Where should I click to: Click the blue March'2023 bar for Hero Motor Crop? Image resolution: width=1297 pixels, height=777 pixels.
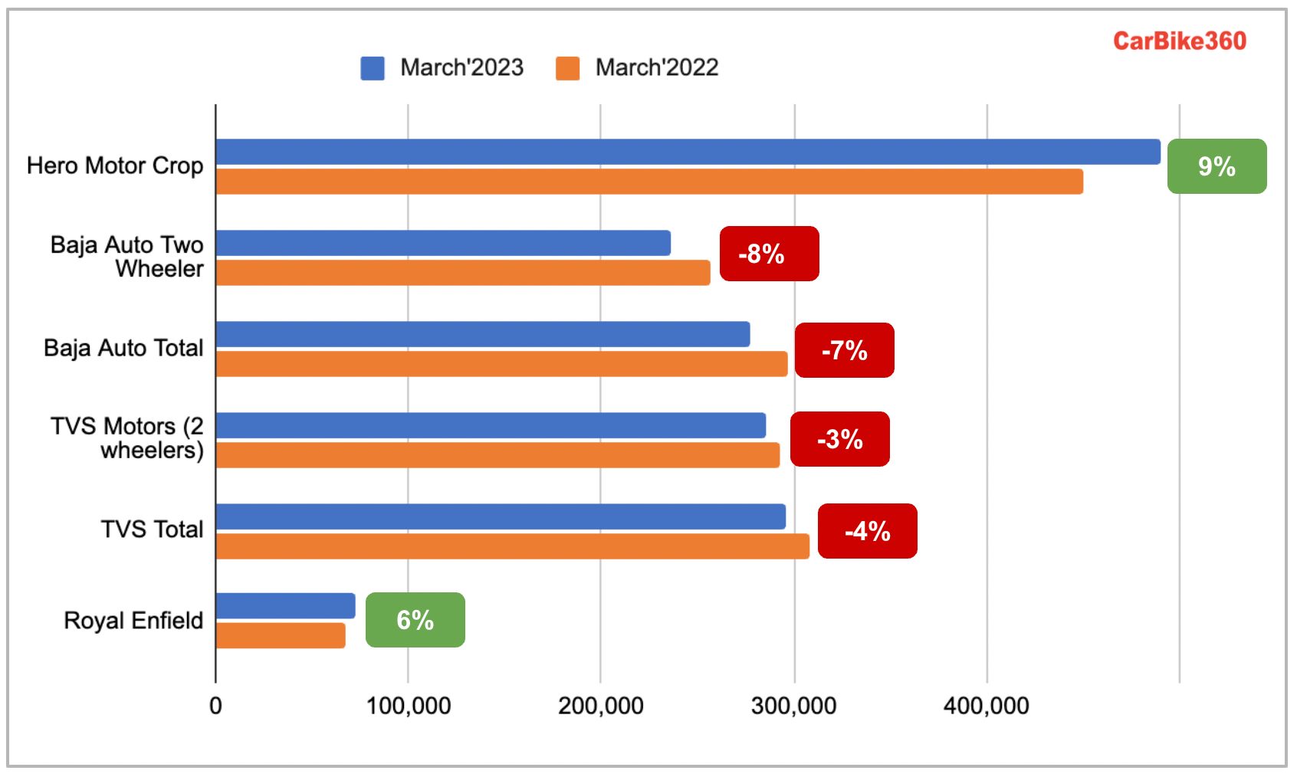pos(688,152)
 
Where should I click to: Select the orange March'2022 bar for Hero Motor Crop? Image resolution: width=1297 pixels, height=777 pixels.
pos(649,182)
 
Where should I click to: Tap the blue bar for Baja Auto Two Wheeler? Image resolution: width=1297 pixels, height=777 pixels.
pos(443,243)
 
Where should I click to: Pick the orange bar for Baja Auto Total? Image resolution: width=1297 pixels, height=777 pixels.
pos(501,364)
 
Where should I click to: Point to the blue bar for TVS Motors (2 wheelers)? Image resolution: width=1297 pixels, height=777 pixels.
pos(491,425)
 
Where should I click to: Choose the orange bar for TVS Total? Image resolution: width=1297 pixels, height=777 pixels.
pos(512,546)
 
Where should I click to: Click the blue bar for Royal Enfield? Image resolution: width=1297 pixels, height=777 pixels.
pos(285,605)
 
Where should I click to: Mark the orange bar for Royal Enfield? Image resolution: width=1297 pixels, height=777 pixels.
pos(281,635)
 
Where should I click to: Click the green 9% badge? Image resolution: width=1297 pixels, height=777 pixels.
pos(1217,166)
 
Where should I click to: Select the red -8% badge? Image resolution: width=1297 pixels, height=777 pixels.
pos(769,254)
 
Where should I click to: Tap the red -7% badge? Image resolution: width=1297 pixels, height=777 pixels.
pos(844,350)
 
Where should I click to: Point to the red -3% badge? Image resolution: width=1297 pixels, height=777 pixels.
pos(839,439)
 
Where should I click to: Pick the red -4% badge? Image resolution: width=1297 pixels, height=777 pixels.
pos(867,531)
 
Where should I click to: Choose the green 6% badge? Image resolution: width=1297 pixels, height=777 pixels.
pos(415,620)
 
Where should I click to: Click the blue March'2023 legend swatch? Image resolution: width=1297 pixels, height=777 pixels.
pos(373,68)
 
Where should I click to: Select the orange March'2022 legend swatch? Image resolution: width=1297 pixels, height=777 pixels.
pos(567,68)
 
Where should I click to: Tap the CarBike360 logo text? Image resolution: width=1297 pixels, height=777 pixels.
pos(1179,41)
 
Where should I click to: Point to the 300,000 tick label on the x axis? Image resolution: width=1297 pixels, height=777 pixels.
pos(793,706)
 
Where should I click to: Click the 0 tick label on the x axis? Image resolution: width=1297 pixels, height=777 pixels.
pos(215,706)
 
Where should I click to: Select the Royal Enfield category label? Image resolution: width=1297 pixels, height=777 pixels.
pos(133,620)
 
